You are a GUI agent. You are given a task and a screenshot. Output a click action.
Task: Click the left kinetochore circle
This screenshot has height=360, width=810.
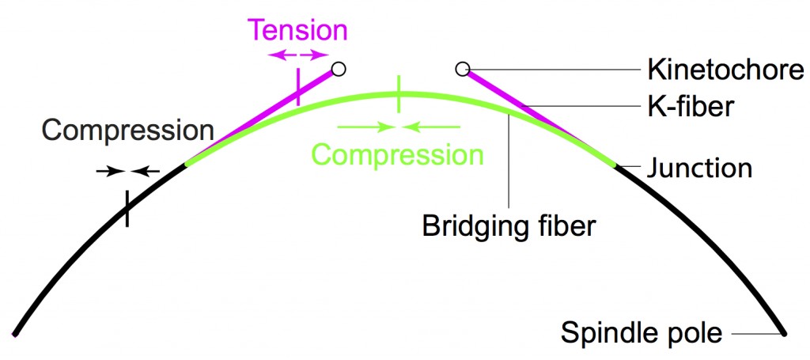(339, 69)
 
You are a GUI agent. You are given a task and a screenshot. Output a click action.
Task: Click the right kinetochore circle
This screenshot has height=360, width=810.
(463, 70)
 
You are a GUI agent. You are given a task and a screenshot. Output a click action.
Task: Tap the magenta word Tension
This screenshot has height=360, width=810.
(297, 30)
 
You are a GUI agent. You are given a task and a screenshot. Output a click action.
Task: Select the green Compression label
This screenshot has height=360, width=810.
(397, 153)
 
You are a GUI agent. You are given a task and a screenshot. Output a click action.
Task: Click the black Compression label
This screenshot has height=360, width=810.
(128, 130)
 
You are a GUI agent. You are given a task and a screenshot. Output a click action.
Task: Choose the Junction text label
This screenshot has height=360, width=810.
(699, 168)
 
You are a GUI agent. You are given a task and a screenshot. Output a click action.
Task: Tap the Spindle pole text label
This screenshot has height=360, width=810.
(642, 332)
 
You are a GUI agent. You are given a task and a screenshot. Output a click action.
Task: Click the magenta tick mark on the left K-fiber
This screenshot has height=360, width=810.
(297, 87)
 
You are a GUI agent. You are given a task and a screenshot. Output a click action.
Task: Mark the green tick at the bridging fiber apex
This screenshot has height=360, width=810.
(399, 93)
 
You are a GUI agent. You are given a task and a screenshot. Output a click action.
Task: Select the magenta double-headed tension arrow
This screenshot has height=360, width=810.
(297, 54)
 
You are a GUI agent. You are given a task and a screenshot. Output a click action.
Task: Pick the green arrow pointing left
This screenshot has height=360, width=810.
(432, 125)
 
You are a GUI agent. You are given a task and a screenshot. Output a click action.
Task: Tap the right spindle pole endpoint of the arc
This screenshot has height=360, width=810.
(783, 333)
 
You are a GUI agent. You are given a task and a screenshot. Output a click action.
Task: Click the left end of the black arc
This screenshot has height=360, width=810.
(16, 333)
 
